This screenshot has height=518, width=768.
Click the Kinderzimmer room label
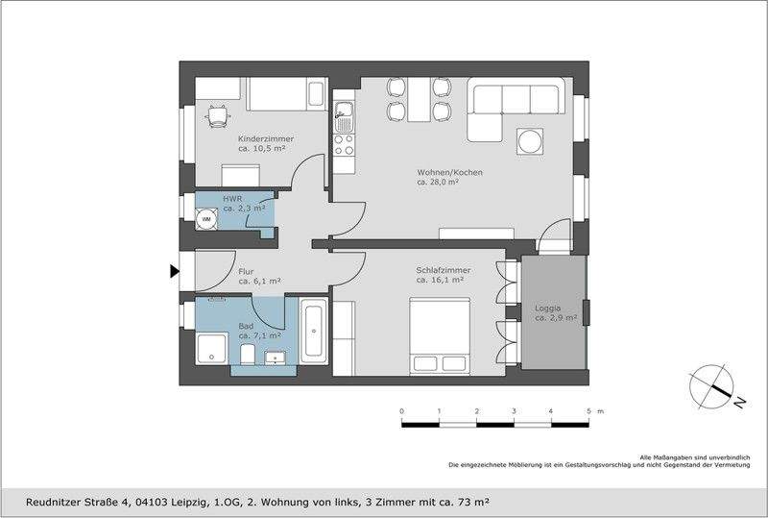[266, 138]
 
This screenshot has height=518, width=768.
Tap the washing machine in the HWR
[206, 219]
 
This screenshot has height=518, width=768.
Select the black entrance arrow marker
[175, 271]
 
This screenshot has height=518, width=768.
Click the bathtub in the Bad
[314, 332]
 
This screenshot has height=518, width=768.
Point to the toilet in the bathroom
[248, 354]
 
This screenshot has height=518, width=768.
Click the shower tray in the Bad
[212, 348]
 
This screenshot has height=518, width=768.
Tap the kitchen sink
[344, 116]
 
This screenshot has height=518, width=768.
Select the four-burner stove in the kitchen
[344, 145]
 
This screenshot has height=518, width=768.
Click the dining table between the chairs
[419, 100]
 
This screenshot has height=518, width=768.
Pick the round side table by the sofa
[530, 142]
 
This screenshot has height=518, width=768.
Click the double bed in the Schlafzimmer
[440, 336]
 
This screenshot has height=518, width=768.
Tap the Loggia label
[547, 308]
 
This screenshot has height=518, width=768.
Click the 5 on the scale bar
[588, 411]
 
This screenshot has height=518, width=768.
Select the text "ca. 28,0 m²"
[438, 182]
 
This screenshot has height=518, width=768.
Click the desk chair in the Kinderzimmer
[218, 116]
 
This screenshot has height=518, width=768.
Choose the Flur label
[246, 271]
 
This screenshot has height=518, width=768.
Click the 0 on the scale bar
[401, 411]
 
